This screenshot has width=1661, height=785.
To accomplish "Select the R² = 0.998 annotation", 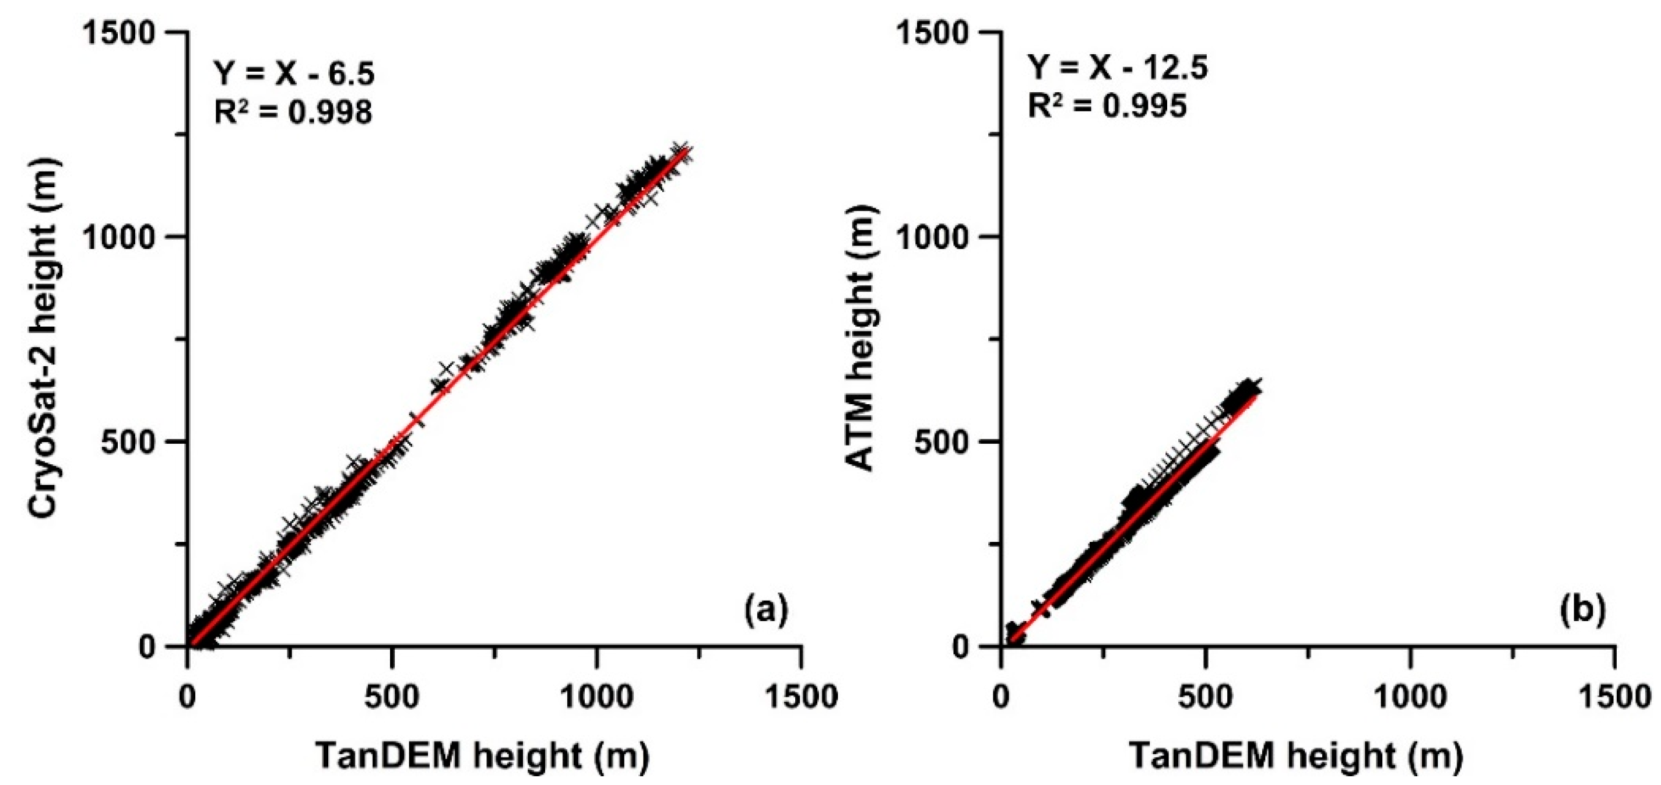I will coord(293,112).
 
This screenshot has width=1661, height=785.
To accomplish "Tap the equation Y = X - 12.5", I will coord(1117,68).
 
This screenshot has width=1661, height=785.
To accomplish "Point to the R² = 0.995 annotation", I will coord(1107,106).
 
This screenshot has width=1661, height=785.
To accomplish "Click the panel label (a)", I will coord(766,609).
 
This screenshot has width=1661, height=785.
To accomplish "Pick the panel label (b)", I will coord(1582,609).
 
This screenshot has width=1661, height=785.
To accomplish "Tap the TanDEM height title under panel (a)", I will coord(482,755).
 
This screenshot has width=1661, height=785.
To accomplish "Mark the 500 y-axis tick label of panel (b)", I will coord(943,442).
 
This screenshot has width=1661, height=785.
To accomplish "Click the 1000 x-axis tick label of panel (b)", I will coord(1411,696).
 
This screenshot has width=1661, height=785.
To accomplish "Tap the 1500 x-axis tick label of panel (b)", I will coord(1614,696).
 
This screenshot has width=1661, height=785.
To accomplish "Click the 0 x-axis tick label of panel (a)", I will coord(188,696).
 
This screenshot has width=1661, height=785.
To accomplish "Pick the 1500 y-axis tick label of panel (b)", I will coord(933,32).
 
